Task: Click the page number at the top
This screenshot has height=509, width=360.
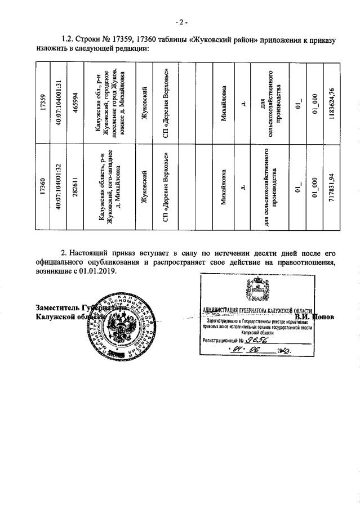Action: tap(180, 22)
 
